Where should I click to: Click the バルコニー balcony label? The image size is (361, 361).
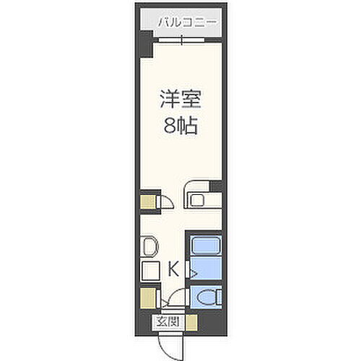tap(187, 23)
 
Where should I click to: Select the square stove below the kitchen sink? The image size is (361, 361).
tap(150, 272)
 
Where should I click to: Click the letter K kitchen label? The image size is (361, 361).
tap(173, 270)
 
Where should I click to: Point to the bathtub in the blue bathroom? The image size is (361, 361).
tap(206, 245)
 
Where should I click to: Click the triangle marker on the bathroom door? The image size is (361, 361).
tap(191, 273)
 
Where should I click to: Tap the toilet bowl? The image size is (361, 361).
tap(207, 297)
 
